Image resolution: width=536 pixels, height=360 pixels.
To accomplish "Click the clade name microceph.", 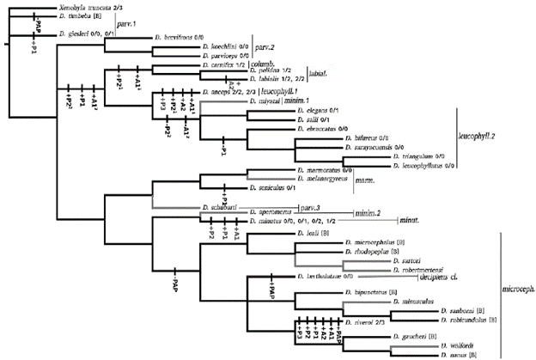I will coord(515,287).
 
